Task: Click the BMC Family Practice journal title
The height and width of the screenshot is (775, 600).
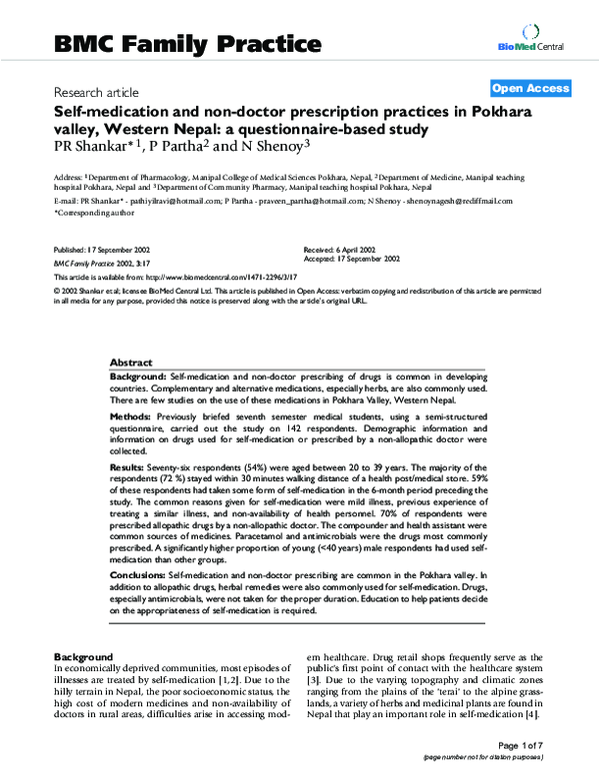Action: tap(187, 43)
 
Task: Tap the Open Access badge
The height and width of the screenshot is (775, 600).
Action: tap(530, 88)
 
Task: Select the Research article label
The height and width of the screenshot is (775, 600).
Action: tap(97, 89)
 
